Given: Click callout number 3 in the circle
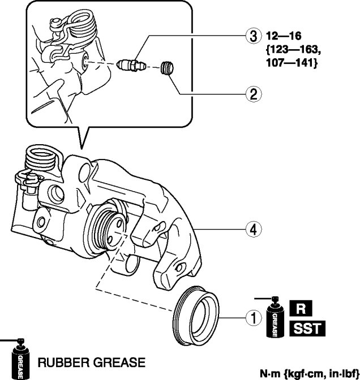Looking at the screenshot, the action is [x=254, y=36].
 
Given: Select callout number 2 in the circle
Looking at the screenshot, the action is [x=254, y=94].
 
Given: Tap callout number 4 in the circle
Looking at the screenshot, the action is [x=254, y=229].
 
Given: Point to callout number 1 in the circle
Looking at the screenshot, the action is [x=254, y=318].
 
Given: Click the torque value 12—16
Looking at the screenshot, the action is [x=284, y=36].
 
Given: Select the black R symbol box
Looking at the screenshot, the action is [x=301, y=308].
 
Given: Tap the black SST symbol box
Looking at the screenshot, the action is [x=307, y=329].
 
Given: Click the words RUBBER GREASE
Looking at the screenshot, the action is [x=92, y=362].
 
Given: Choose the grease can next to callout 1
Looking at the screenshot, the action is [x=275, y=317].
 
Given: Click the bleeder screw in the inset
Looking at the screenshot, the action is [x=131, y=64].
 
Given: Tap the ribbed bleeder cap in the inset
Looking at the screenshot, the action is [x=167, y=68].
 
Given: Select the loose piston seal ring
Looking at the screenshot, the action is [x=196, y=316].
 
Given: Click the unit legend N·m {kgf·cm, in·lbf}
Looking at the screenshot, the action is [x=309, y=373].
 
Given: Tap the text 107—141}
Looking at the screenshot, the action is [x=292, y=63].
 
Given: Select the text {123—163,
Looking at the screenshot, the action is [x=294, y=50].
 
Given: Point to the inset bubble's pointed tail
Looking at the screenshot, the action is [x=82, y=148].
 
